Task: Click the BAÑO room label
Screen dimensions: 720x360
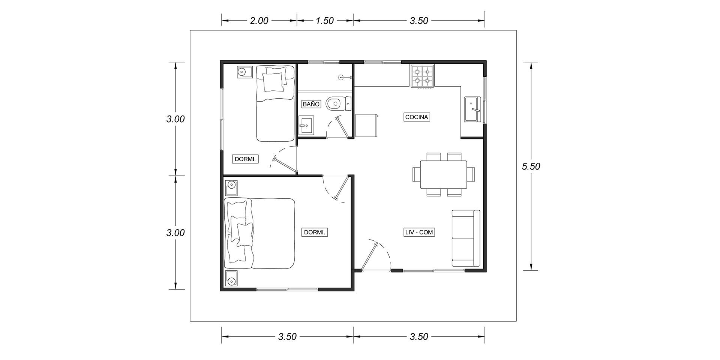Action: click(311, 104)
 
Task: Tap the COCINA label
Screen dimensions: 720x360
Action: click(417, 117)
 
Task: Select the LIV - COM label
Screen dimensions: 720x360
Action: click(419, 232)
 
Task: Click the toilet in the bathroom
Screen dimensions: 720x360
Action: click(339, 103)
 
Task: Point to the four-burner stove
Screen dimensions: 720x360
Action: click(423, 76)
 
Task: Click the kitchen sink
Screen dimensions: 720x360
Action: click(472, 109)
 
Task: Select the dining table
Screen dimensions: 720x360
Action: click(444, 175)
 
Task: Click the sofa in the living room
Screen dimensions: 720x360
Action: click(466, 238)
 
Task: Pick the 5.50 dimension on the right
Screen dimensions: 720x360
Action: click(531, 166)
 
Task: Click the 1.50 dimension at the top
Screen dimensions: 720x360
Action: click(325, 21)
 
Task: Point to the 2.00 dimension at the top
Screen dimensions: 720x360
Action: click(259, 21)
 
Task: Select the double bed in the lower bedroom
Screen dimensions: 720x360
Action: click(259, 234)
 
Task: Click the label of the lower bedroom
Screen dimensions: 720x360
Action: click(315, 232)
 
